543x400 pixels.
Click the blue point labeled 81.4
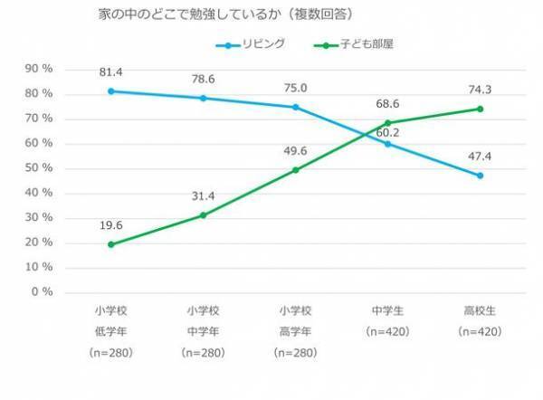[x=110, y=90]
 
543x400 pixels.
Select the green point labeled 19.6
[x=110, y=244]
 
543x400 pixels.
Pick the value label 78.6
[x=203, y=79]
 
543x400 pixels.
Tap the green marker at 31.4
[x=203, y=215]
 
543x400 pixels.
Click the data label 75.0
[x=296, y=89]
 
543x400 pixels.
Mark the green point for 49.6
[x=296, y=170]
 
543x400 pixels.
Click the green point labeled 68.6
[x=388, y=123]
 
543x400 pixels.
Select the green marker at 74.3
[x=481, y=109]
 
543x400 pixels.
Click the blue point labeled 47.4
[x=481, y=176]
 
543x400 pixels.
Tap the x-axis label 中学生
[x=388, y=312]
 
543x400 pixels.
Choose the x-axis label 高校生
[x=481, y=312]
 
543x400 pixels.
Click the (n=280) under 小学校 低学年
[x=110, y=352]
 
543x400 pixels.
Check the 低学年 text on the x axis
[x=110, y=332]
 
